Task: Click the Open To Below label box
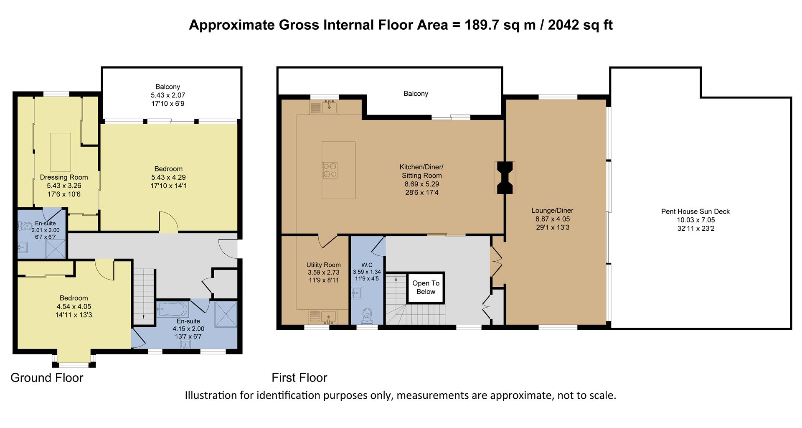pos(426,288)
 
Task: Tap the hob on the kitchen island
pos(330,170)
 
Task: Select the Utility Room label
pos(323,265)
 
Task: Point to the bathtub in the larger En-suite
pos(172,310)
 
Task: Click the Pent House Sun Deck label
pos(695,211)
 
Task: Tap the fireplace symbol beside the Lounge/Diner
pos(505,177)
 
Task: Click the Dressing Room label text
pos(64,177)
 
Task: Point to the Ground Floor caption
pos(47,378)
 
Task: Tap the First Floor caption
pos(299,378)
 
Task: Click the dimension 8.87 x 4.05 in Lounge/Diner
pos(552,219)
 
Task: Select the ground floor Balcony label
pos(168,87)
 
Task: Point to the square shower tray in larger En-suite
pos(226,313)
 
